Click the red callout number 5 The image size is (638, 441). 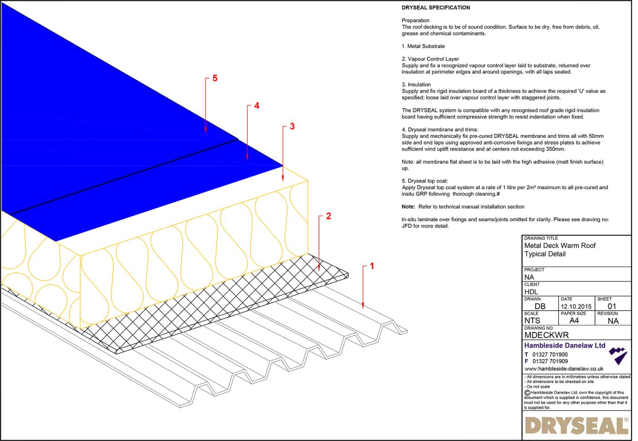pos(215,78)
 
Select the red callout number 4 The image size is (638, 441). pos(257,106)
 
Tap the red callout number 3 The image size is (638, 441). pos(292,126)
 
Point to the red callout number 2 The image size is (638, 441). pos(328,216)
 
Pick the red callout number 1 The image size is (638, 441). pos(372,266)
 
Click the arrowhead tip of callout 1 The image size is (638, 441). pos(363,308)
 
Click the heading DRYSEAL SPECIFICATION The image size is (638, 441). pos(436,8)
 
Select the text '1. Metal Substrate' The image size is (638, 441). pos(423,46)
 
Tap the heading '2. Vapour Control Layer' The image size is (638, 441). pos(430,59)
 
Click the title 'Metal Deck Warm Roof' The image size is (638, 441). pos(560,245)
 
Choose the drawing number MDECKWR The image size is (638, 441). pos(546,335)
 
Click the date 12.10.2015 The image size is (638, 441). pos(576,306)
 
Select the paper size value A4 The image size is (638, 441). pos(574,320)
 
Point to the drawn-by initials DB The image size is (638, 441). pos(540,306)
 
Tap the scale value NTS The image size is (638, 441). pos(532,320)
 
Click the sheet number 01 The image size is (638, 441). pos(612,306)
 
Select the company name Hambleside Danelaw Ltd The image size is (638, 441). pos(565,345)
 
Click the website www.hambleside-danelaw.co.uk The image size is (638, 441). pos(564,369)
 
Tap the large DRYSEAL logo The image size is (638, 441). pos(576,426)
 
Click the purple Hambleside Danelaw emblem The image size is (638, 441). pos(618,355)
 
